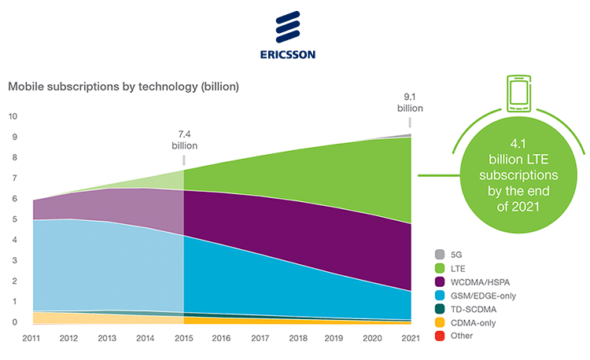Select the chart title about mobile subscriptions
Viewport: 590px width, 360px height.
[x=124, y=86]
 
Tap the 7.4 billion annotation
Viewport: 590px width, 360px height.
[x=184, y=140]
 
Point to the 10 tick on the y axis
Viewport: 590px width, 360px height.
[x=12, y=116]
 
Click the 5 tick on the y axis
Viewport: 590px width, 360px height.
[x=12, y=219]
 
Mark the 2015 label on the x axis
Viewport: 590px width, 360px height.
[x=183, y=338]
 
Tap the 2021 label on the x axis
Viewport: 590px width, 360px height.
[x=409, y=338]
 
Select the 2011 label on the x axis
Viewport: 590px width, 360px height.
[x=33, y=338]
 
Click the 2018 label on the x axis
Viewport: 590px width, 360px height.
[x=297, y=338]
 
